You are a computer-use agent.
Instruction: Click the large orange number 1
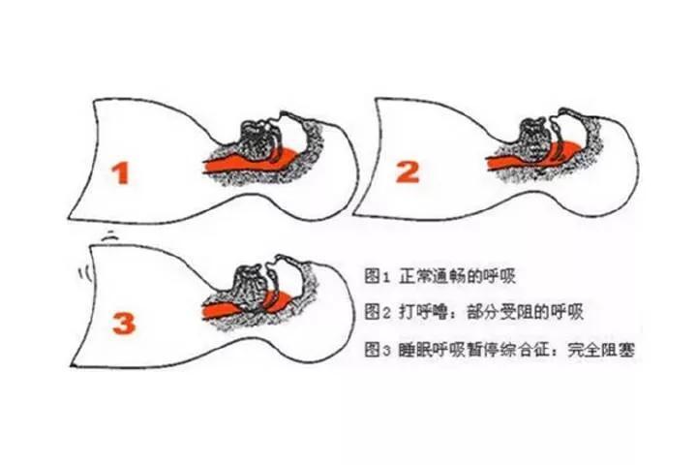120,173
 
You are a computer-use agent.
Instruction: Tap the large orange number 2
408,171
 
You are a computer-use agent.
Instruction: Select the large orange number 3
124,324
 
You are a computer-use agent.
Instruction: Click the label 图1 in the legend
377,276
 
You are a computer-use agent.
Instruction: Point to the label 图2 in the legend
378,312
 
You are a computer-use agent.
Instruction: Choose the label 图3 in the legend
378,350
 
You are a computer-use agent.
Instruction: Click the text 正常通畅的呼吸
457,276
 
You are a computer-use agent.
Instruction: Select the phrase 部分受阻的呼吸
525,312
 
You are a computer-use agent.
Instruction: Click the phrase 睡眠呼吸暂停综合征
474,350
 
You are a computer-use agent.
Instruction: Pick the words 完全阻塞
601,350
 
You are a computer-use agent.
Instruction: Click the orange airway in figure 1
249,163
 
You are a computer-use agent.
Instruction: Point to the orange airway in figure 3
247,306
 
